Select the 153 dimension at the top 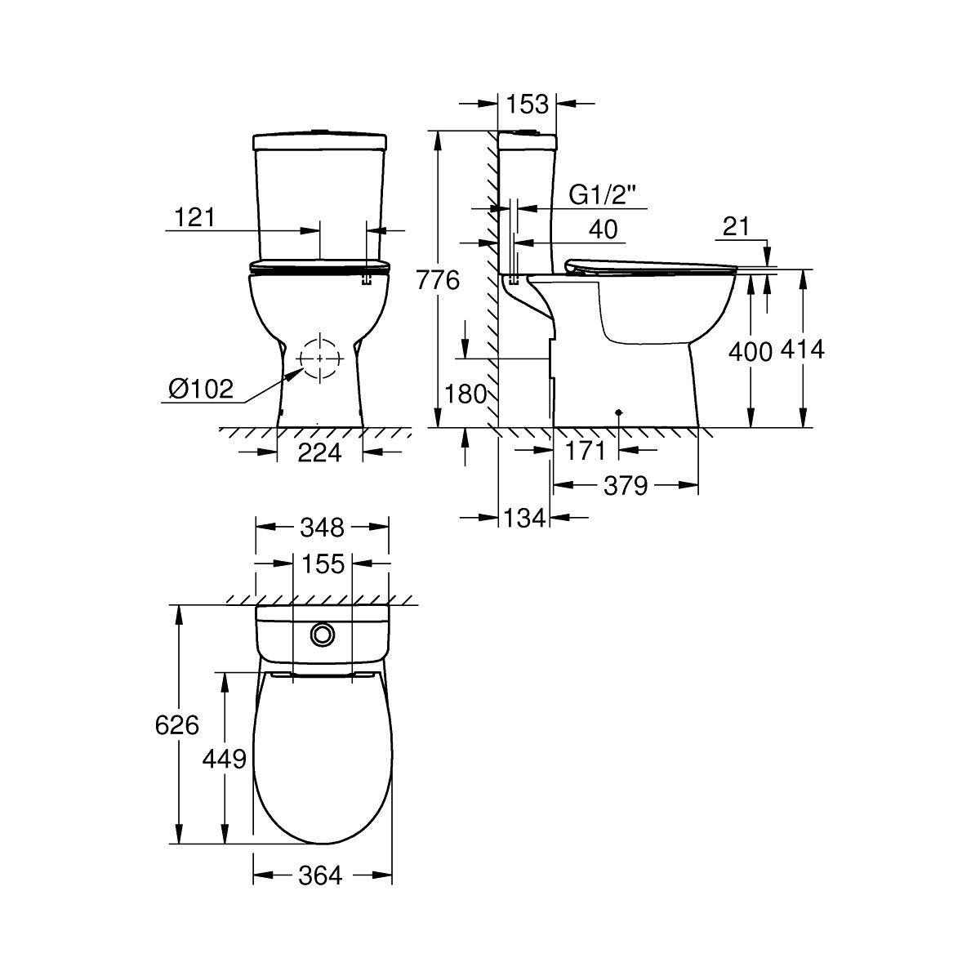527,104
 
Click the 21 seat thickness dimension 736,228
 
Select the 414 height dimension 803,350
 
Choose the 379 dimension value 626,486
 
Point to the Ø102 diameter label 201,389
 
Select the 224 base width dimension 318,452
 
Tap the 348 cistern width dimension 321,528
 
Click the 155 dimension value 323,563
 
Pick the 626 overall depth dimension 176,724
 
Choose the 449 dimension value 224,759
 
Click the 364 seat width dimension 319,875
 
